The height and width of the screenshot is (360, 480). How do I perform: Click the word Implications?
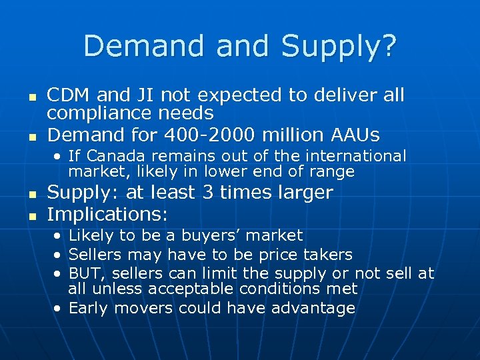[107, 215]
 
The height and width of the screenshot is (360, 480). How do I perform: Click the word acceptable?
[191, 289]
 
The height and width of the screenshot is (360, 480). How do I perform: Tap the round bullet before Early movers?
[59, 309]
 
